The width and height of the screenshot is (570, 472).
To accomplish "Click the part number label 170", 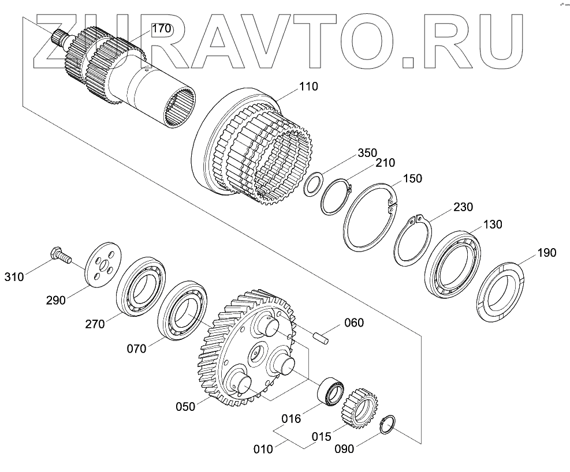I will (x=162, y=28).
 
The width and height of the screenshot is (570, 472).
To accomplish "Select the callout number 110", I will (x=308, y=87).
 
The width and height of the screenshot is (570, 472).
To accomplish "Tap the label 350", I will (x=367, y=153).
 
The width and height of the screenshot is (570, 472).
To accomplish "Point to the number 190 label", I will (x=546, y=253).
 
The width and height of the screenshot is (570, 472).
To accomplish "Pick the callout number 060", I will (x=354, y=323).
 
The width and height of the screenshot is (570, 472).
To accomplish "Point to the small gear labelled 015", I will (x=360, y=407).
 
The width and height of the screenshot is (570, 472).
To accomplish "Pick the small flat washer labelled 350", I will (x=314, y=185).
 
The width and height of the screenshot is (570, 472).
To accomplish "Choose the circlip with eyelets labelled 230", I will (x=412, y=239).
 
